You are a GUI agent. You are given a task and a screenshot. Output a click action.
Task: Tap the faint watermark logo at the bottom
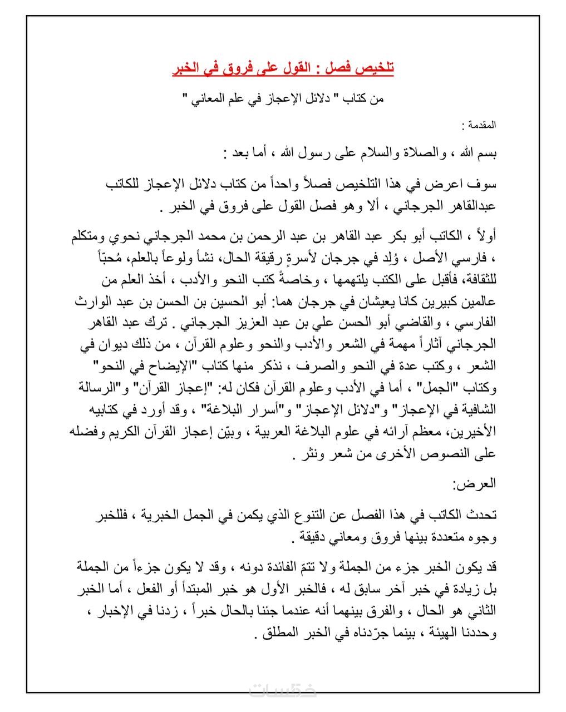click(x=283, y=690)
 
